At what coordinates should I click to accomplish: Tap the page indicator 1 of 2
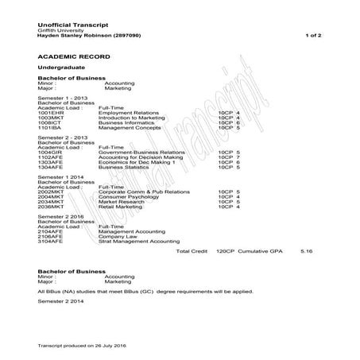(314, 37)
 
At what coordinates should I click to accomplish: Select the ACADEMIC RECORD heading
(71, 58)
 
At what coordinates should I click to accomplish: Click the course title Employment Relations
(128, 114)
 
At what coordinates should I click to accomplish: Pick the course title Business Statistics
(124, 167)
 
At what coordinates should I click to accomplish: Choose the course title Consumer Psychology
(129, 196)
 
